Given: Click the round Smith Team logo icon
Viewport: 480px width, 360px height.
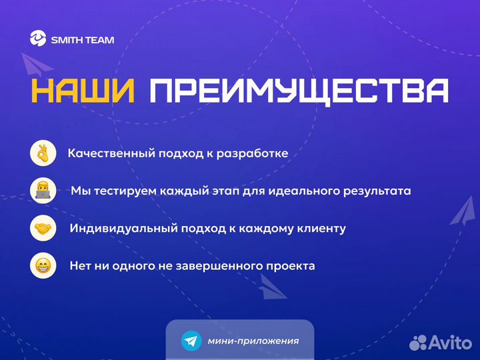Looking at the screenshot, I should click(x=38, y=39).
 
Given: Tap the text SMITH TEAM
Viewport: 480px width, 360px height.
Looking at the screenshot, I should click(x=83, y=40).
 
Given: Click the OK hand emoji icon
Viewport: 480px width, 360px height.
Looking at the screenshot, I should click(x=42, y=153).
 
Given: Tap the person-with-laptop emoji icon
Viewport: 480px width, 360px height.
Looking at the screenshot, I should click(x=42, y=191).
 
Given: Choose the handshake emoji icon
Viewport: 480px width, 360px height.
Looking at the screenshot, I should click(x=42, y=229).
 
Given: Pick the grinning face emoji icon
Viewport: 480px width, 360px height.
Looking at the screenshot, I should click(x=42, y=266).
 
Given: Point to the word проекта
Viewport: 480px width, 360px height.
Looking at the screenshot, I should click(x=291, y=266).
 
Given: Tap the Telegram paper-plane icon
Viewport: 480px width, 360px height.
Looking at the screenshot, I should click(x=191, y=341).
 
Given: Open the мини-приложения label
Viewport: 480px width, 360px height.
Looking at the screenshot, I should click(x=253, y=341).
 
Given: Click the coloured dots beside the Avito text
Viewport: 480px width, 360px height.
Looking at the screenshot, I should click(x=418, y=343).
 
